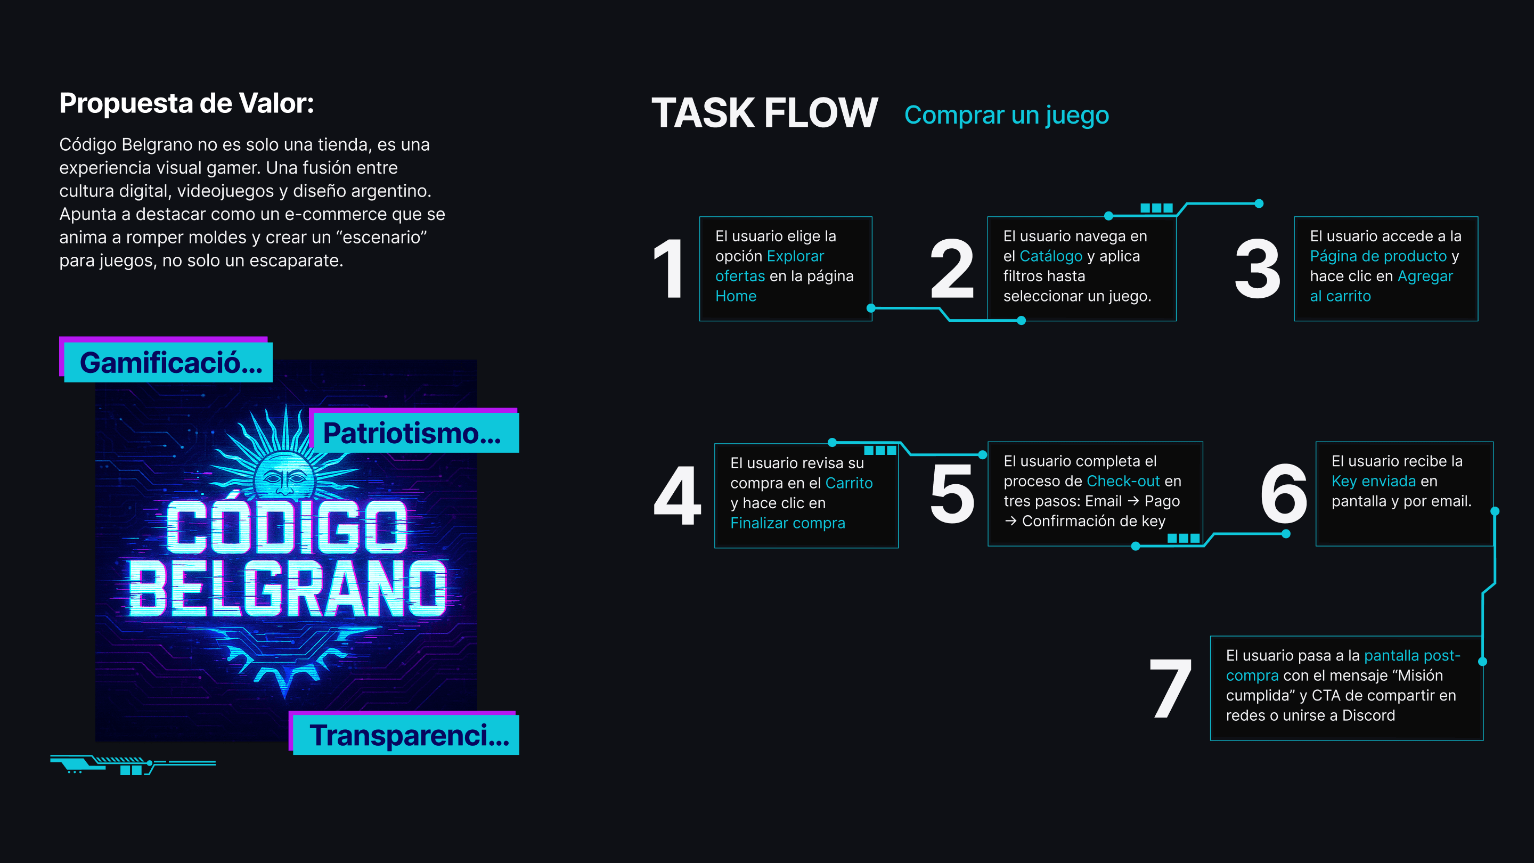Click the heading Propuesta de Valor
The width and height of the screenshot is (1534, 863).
(x=186, y=103)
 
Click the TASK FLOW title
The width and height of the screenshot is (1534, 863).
(x=765, y=112)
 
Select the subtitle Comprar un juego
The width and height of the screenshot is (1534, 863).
(x=1006, y=115)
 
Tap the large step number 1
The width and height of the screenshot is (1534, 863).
(x=669, y=268)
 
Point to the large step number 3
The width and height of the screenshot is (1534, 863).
(x=1257, y=268)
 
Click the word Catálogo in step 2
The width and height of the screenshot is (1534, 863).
(x=1050, y=256)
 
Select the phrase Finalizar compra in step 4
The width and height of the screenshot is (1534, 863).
(x=787, y=523)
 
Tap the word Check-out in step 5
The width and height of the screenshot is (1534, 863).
(x=1123, y=481)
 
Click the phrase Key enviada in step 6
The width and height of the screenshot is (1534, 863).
(x=1373, y=481)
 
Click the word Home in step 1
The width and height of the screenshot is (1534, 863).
(x=736, y=296)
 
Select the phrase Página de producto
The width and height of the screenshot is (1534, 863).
(x=1378, y=256)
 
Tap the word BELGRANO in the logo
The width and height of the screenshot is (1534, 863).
(x=287, y=589)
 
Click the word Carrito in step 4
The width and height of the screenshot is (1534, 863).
(x=848, y=483)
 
